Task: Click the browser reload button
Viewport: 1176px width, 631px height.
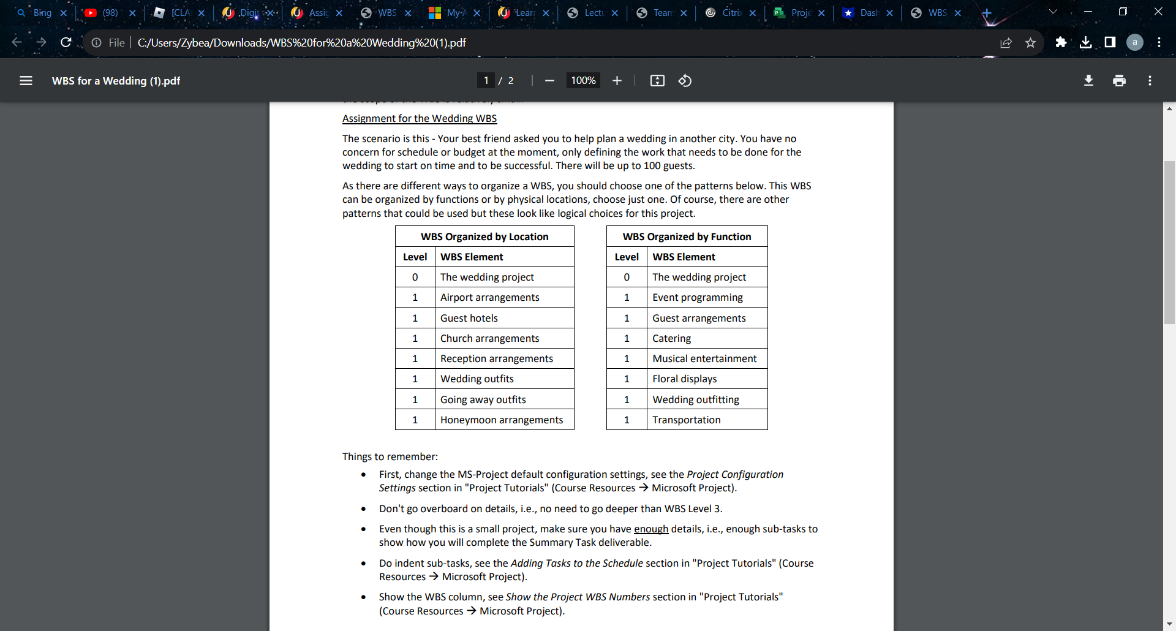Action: coord(66,42)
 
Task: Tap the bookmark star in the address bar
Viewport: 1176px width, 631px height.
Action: coord(1030,42)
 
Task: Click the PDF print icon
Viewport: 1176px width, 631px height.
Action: coord(1119,81)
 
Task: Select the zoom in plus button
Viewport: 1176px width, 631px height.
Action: coord(617,81)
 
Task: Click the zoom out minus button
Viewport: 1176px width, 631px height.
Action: coord(549,81)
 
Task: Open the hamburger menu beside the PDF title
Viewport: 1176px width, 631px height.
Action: coord(26,81)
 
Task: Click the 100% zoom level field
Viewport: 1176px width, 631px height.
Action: coord(583,81)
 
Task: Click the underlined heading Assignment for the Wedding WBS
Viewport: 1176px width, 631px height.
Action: coord(419,118)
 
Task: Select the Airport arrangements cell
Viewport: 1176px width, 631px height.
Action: coord(489,297)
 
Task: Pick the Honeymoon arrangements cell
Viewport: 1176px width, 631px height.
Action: coord(501,420)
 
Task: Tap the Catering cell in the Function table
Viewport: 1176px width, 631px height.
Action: coord(671,338)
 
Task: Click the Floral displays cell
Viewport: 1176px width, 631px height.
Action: coord(684,379)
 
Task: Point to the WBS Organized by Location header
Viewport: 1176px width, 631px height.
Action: coord(484,236)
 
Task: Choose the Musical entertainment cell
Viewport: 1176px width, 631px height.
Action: coord(704,358)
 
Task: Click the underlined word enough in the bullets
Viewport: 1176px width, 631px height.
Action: coord(650,529)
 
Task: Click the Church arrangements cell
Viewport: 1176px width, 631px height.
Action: coord(489,338)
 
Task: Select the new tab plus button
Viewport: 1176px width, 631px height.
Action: coord(986,13)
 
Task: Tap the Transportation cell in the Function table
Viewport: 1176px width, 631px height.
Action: coord(686,420)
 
